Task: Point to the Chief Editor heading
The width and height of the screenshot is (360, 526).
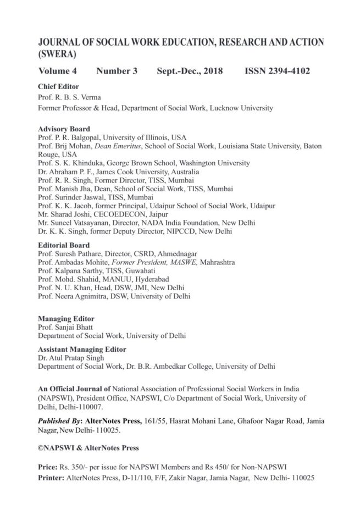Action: click(x=58, y=86)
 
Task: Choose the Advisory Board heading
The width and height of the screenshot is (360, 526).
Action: click(x=64, y=129)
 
